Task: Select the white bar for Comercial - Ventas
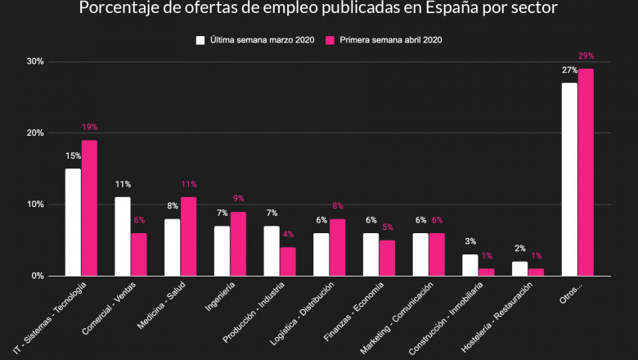[x=123, y=236]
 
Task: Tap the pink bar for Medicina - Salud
[x=188, y=236]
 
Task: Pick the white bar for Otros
[x=569, y=179]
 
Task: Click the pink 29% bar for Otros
[x=586, y=173]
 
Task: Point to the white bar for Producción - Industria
[x=272, y=250]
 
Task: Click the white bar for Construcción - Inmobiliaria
[x=470, y=265]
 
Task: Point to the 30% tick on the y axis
[x=35, y=61]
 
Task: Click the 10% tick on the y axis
[x=35, y=205]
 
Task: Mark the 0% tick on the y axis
[x=38, y=276]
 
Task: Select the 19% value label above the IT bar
[x=89, y=128]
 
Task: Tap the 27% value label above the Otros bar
[x=569, y=70]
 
